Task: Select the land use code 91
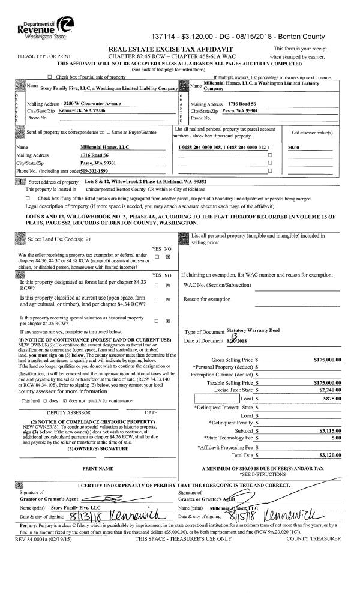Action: click(88, 238)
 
